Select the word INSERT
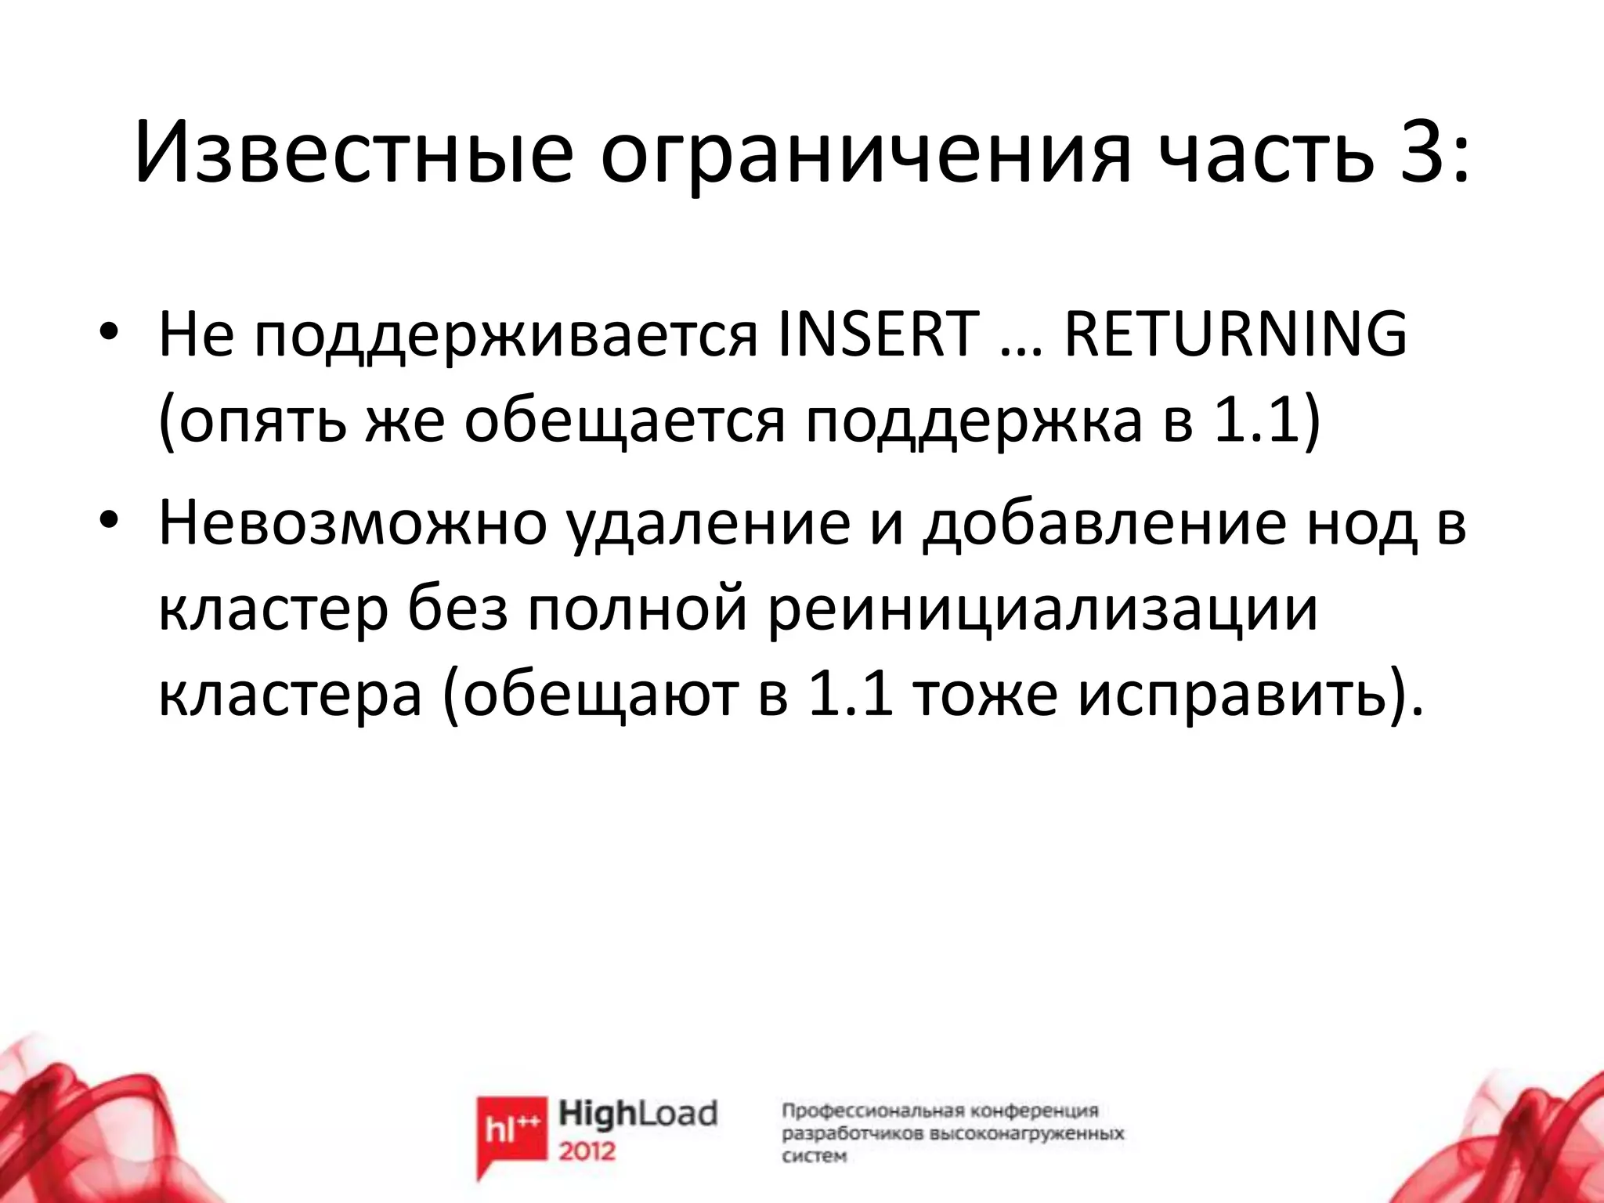point(878,335)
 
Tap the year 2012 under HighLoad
point(587,1151)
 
